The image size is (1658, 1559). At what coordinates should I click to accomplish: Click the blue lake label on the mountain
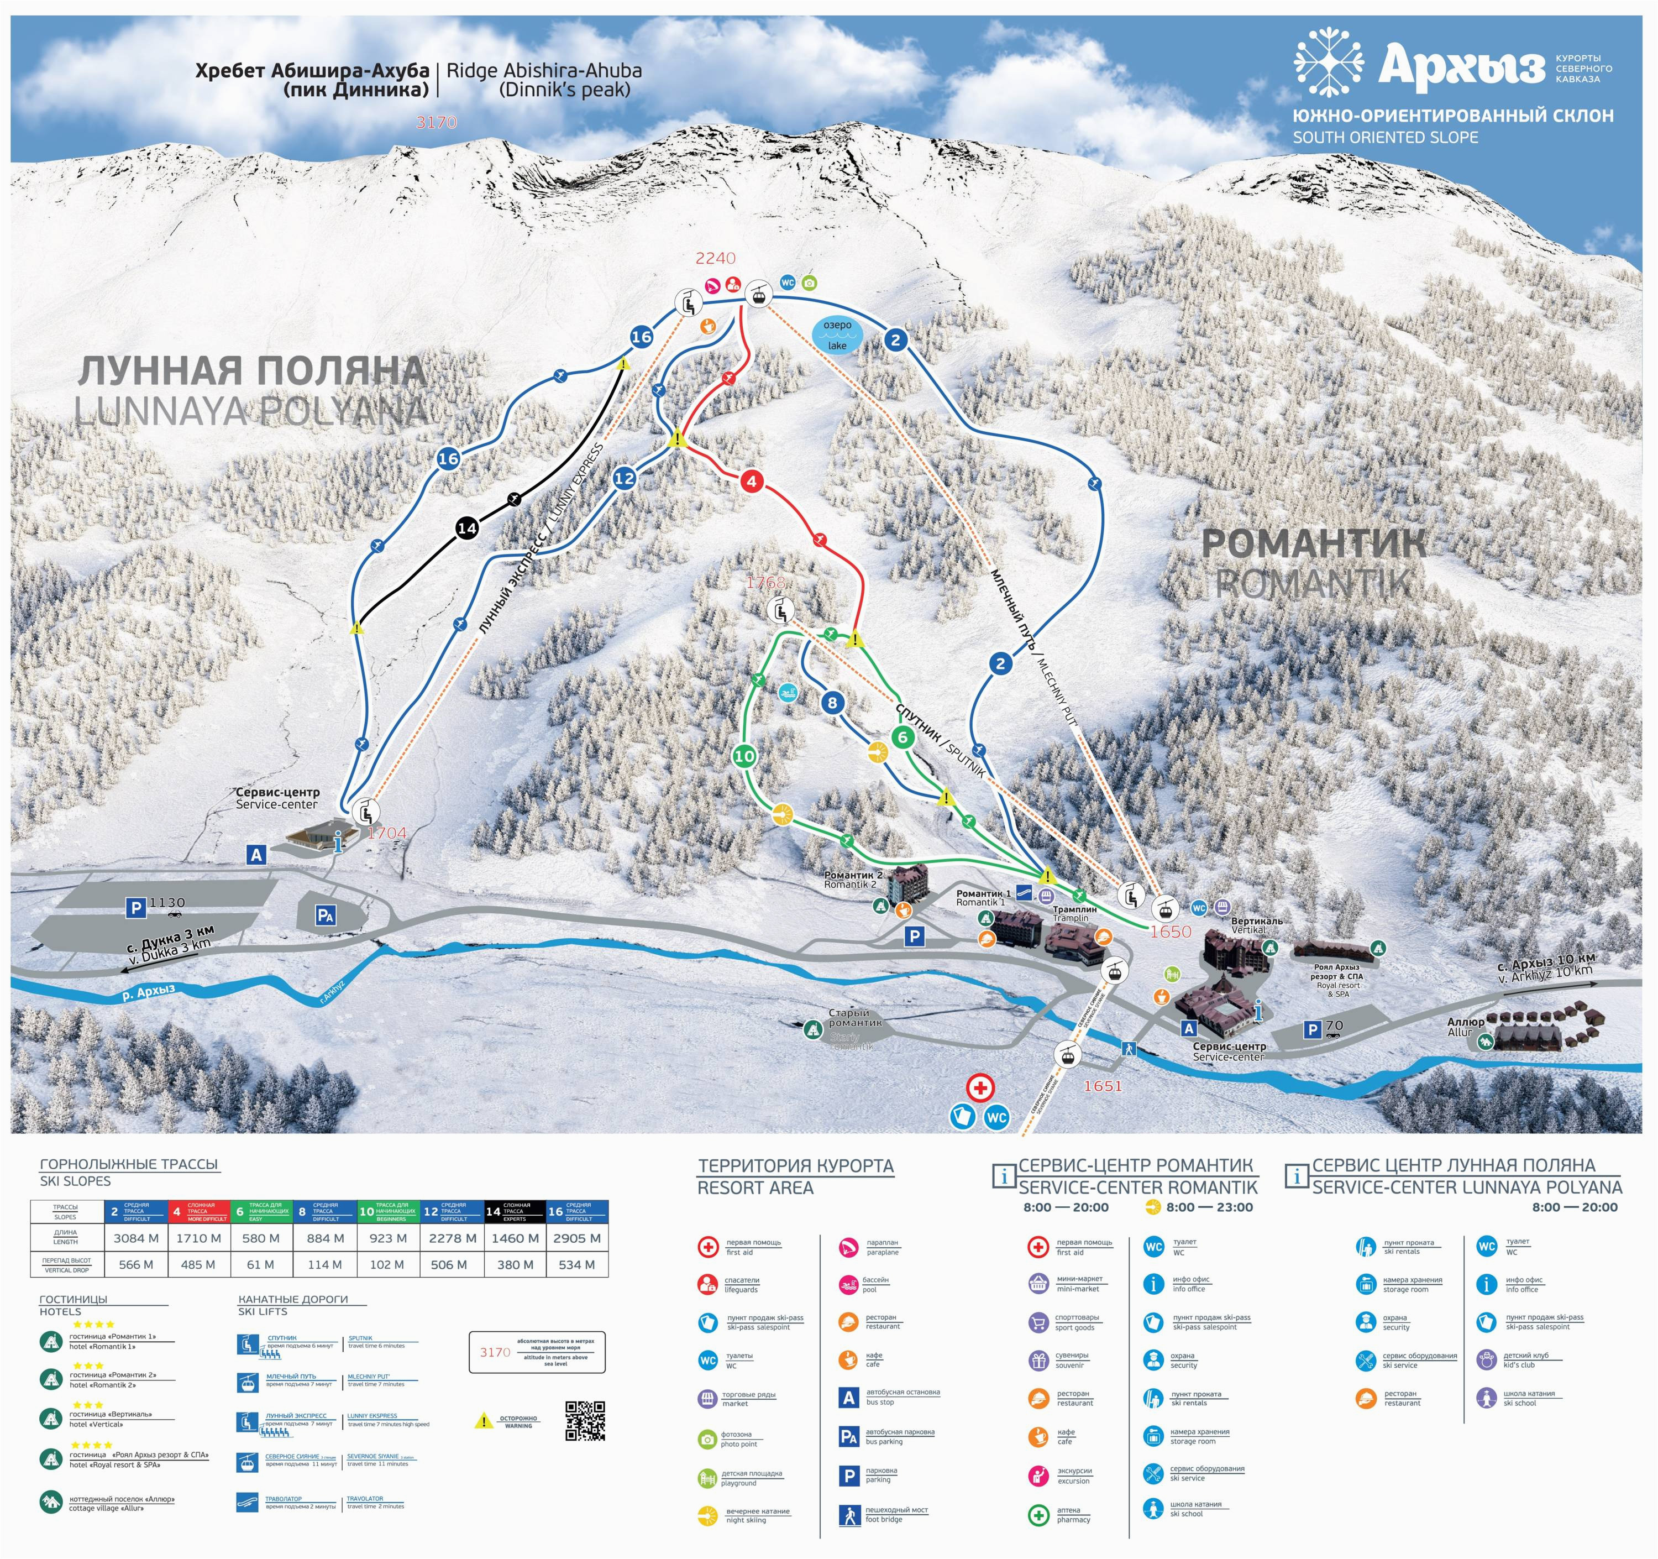[837, 334]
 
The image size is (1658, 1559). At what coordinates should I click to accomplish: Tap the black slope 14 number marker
[467, 528]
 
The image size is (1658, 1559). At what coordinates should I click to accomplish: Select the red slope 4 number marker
[752, 482]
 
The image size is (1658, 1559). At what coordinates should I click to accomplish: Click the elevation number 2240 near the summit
[716, 259]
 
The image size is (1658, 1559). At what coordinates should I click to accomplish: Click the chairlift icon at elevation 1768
[780, 610]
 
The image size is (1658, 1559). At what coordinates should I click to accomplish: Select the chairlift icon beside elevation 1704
[365, 812]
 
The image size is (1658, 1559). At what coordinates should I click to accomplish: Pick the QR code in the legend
[585, 1421]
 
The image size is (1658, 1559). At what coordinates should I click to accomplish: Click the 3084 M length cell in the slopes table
[136, 1238]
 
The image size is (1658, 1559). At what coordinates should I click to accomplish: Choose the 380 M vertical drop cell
[515, 1264]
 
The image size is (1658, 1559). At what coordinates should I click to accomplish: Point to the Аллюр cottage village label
[1465, 1026]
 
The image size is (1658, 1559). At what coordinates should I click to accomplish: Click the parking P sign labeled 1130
[135, 908]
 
